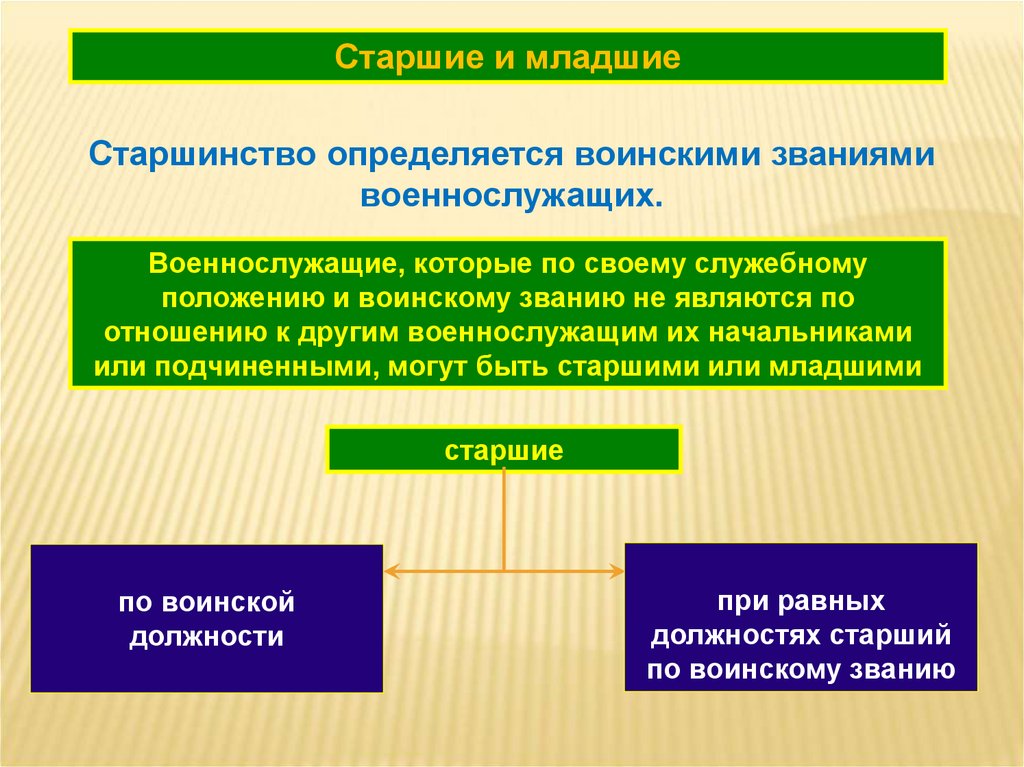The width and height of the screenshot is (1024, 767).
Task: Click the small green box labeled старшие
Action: pos(504,449)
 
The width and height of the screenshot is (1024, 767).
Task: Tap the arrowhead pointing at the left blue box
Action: pos(391,572)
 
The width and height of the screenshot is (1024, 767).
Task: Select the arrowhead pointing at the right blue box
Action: pos(617,572)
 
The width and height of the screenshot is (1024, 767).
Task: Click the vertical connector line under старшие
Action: pos(504,520)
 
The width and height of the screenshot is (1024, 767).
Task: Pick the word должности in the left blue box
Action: pos(206,636)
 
